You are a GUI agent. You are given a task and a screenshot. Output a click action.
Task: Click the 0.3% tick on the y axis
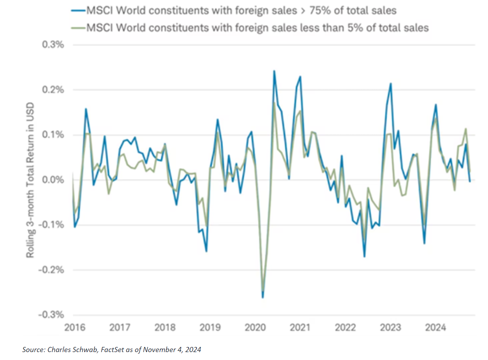[53, 44]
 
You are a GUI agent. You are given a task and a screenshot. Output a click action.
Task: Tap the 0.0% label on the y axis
[53, 180]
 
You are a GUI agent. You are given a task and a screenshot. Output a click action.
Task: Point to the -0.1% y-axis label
[52, 225]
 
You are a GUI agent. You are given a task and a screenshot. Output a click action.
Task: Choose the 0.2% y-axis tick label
[53, 90]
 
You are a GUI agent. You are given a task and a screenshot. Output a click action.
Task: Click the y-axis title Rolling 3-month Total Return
[30, 180]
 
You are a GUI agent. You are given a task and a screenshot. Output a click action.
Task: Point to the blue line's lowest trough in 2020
[263, 297]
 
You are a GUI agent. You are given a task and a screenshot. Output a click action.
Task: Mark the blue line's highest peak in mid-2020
[274, 71]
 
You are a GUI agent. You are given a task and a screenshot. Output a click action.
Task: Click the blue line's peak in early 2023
[391, 83]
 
